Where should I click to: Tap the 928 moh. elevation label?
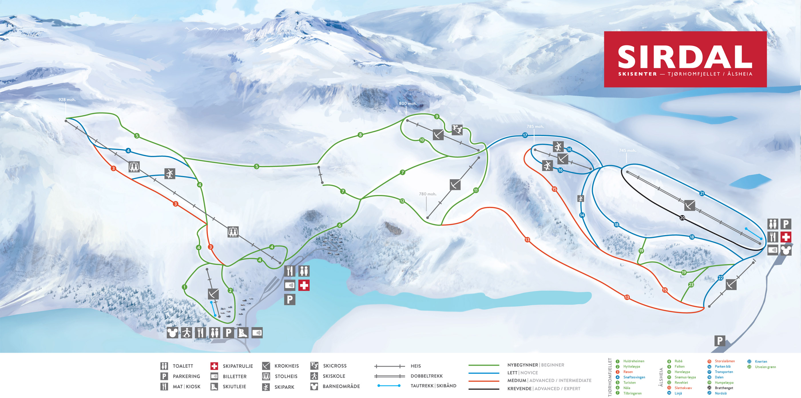point(67,100)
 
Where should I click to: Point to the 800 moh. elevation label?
point(407,104)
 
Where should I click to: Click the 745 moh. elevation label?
point(627,151)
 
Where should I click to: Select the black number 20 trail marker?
point(682,218)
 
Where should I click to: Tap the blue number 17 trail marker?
point(525,135)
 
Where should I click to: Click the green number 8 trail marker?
point(360,135)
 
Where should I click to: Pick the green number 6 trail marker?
point(340,225)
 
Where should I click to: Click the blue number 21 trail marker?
point(702,194)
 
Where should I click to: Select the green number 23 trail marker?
point(691,285)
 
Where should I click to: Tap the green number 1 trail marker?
point(185,287)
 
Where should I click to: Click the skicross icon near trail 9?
point(457,130)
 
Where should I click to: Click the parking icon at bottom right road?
point(719,341)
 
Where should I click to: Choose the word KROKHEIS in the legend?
point(286,366)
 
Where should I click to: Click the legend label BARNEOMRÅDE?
point(341,387)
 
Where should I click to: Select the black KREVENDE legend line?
point(484,389)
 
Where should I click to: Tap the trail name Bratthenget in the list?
point(724,388)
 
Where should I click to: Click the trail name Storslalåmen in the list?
point(725,361)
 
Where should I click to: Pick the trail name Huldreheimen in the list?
point(634,361)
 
